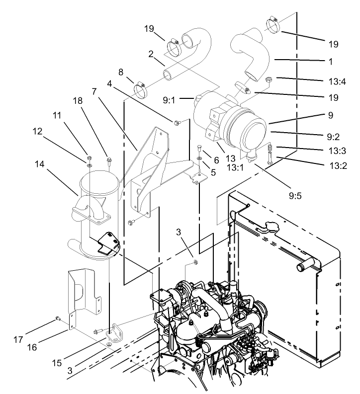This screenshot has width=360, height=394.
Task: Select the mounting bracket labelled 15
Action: [x=116, y=330]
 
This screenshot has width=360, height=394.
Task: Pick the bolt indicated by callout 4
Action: [x=177, y=121]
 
